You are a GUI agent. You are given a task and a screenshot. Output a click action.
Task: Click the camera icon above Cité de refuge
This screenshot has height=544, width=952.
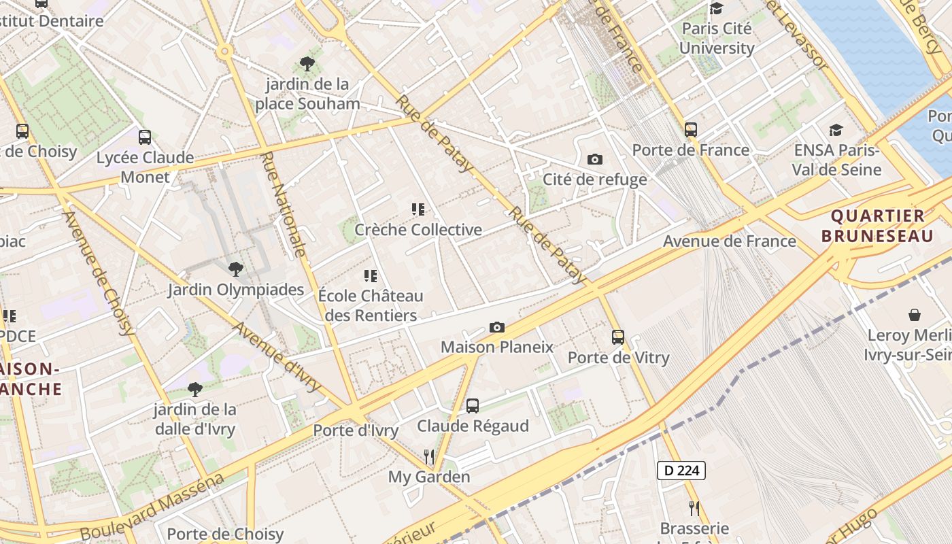point(595,160)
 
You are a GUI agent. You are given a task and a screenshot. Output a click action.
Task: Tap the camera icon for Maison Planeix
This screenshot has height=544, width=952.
point(497,328)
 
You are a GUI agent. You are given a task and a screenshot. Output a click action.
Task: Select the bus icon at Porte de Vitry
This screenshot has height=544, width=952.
point(617,337)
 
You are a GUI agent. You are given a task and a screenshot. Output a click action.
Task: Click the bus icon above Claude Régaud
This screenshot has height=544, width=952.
point(473,406)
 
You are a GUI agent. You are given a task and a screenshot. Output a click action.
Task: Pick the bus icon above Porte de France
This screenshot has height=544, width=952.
point(691,130)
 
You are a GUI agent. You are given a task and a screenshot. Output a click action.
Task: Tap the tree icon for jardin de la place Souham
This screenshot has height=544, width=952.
point(307,64)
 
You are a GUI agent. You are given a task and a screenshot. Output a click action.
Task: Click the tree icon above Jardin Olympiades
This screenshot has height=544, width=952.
point(236,269)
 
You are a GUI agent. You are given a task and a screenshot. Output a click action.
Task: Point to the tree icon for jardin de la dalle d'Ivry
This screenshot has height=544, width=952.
point(195,390)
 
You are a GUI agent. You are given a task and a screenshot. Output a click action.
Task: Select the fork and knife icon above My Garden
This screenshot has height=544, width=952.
point(429,456)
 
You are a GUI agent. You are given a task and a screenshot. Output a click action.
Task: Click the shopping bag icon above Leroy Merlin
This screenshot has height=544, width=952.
point(915,315)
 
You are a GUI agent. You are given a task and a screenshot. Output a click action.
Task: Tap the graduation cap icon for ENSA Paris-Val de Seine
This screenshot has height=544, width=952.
point(836,130)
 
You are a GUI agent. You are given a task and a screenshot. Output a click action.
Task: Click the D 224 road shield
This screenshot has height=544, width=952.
point(681,470)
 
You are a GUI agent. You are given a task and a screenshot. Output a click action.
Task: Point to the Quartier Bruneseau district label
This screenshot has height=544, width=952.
point(877,226)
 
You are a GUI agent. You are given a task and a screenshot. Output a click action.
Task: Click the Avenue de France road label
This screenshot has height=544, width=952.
point(729,241)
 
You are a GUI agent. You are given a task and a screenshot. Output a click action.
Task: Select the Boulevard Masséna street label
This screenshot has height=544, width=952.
point(152,507)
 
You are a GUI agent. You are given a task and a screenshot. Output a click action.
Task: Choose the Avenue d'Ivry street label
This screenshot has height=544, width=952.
point(277,357)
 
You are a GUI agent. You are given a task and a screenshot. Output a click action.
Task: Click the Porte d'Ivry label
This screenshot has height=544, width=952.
point(356,430)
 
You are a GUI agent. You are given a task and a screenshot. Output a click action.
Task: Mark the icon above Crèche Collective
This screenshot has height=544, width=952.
point(418,209)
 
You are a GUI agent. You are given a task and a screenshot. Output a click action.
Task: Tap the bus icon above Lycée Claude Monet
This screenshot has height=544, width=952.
point(144,137)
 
